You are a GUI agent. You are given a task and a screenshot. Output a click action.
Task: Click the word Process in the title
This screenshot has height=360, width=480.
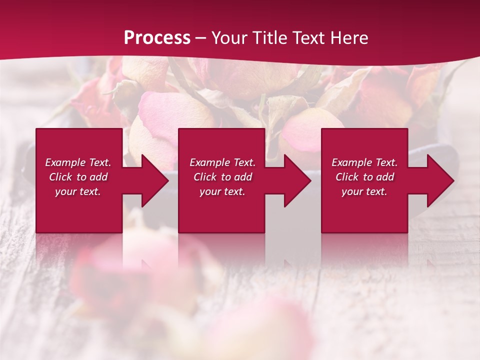tap(157, 38)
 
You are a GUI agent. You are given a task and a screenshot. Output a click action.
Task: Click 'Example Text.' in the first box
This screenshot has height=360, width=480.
tap(78, 162)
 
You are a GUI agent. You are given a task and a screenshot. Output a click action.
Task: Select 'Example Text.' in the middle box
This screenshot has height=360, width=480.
tap(222, 162)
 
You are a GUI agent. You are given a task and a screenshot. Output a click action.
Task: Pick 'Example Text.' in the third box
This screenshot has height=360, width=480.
tap(364, 162)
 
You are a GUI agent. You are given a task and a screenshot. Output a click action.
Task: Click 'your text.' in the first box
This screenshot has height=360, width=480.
tap(78, 191)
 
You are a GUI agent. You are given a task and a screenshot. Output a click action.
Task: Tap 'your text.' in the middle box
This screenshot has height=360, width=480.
tap(222, 191)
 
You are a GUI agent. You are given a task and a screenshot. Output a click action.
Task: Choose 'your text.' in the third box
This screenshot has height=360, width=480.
tap(364, 191)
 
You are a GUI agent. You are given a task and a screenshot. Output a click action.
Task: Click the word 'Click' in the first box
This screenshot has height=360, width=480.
tap(60, 177)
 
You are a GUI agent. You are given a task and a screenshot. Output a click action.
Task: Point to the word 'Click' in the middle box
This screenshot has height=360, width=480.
tap(205, 177)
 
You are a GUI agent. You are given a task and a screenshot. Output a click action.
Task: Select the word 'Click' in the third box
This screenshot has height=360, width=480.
tap(347, 177)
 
